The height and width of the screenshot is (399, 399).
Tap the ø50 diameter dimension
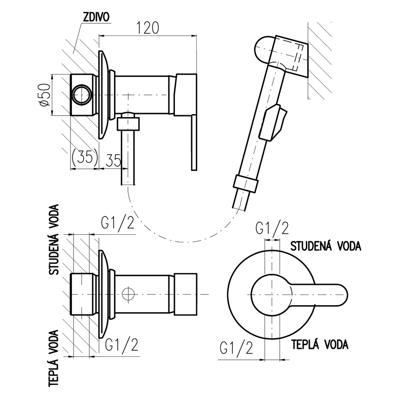[44, 94]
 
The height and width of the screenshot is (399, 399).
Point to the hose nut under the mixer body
[129, 124]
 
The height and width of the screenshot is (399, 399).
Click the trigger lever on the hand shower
[274, 122]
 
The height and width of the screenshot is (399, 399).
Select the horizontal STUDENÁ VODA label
[325, 246]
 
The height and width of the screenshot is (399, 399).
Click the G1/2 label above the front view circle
[271, 228]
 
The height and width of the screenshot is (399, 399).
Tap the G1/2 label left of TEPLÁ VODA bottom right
[236, 348]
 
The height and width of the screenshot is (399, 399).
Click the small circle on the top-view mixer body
[129, 294]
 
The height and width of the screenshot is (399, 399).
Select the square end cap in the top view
[185, 294]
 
